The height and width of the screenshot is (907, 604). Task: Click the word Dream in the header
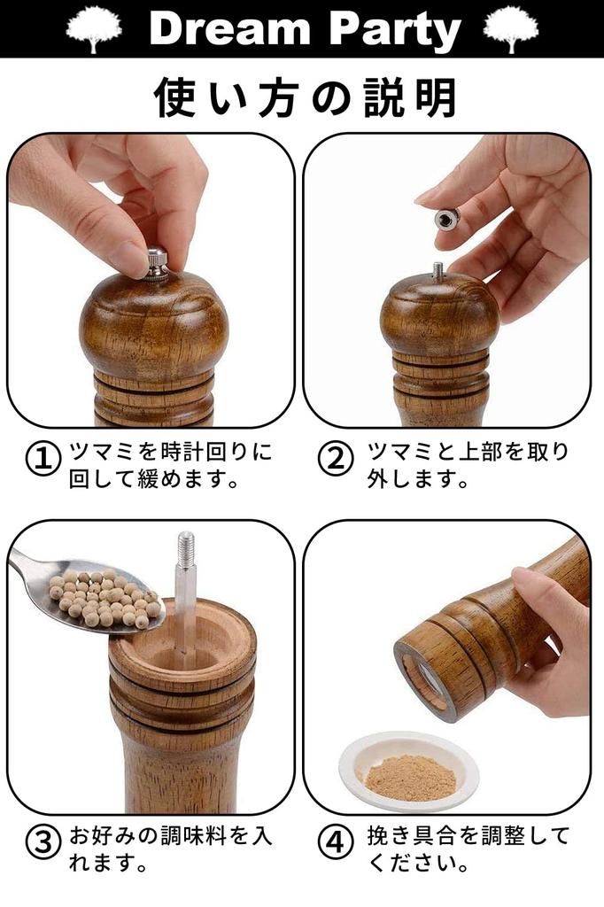coord(233,28)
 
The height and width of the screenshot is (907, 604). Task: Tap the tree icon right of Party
coord(511,28)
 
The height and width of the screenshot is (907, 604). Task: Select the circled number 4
coord(335,842)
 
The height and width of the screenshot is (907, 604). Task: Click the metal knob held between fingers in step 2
coord(447,217)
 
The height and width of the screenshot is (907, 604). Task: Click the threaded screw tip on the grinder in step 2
coord(438,271)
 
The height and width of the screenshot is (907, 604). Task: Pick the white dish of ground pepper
coord(408,769)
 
